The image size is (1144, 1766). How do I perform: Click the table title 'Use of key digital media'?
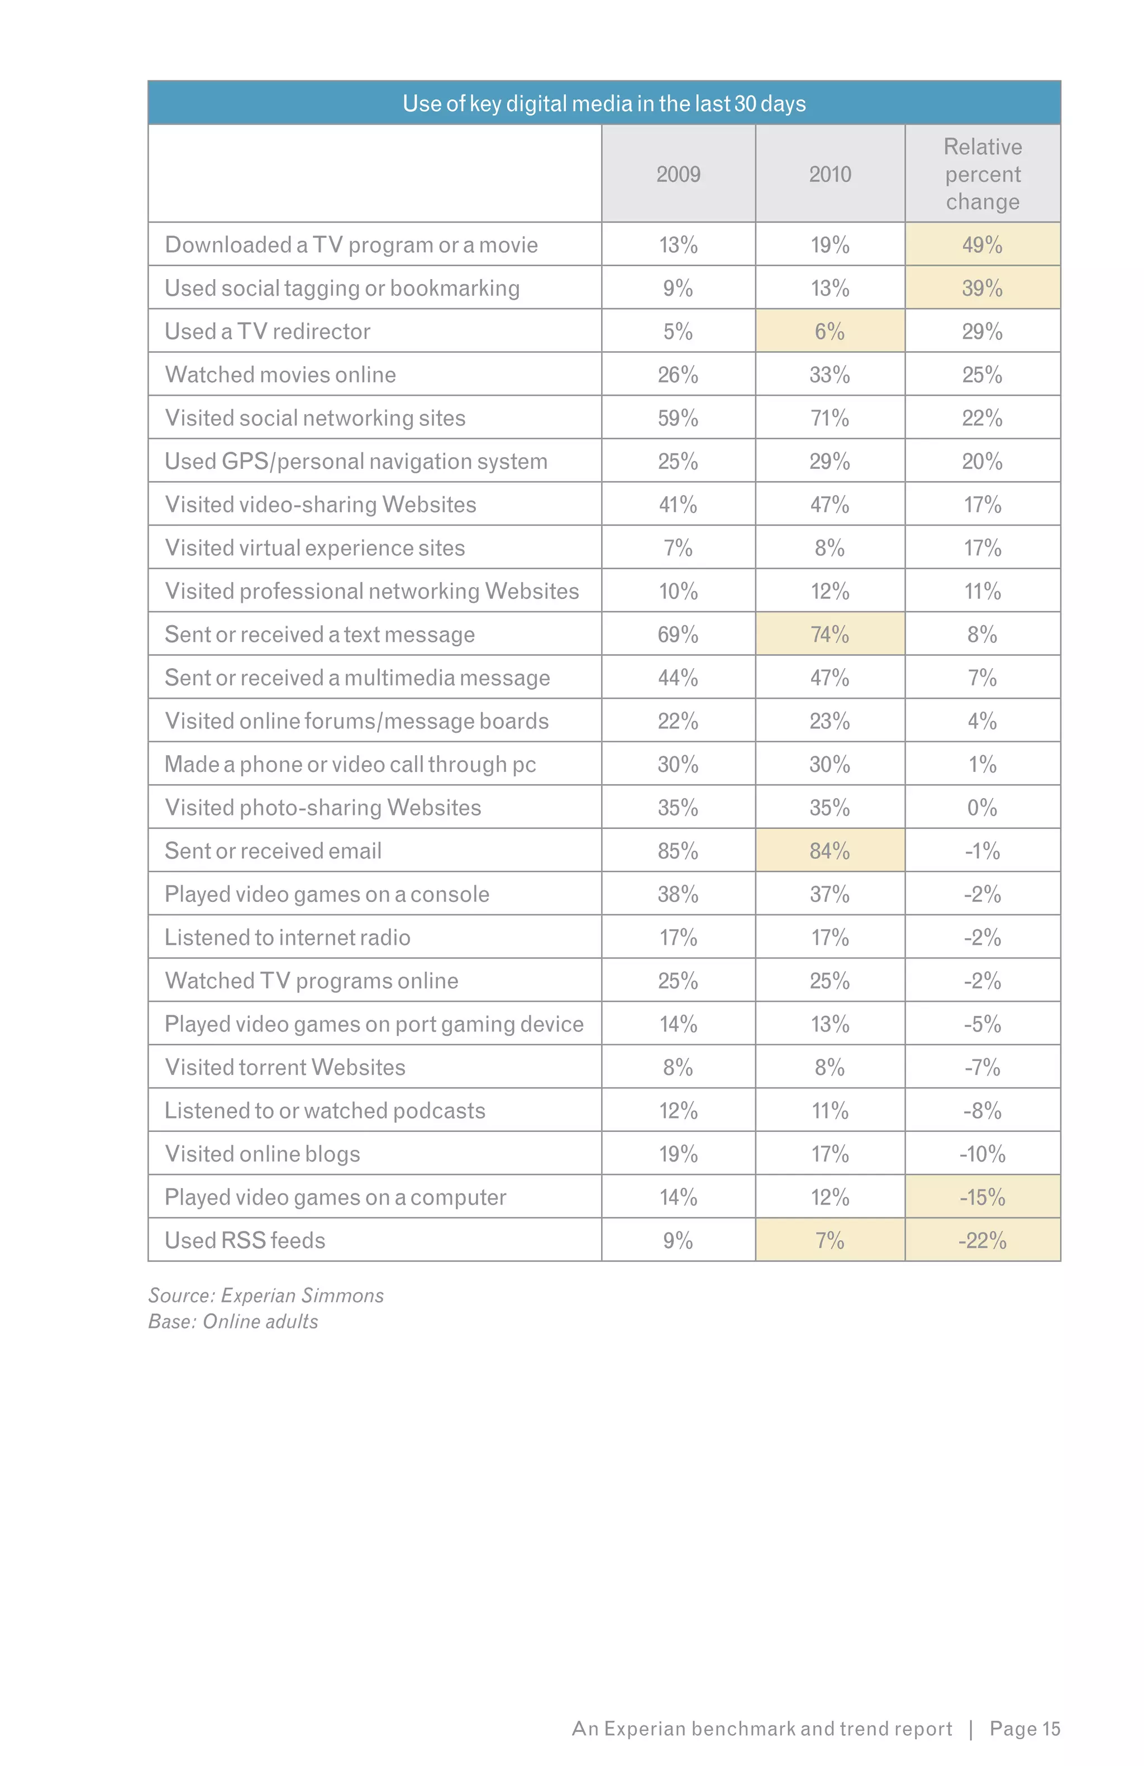pos(603,103)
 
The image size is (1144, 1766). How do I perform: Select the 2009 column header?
pos(678,174)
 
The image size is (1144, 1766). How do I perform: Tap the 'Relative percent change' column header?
pos(981,174)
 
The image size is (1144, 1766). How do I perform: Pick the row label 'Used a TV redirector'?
pos(267,332)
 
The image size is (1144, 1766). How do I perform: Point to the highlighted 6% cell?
pos(830,332)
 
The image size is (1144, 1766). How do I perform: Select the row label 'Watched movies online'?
pos(280,375)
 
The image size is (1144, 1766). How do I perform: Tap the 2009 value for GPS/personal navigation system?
pos(678,462)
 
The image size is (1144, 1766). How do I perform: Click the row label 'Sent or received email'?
pos(273,851)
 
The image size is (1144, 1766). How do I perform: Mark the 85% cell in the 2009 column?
pos(678,851)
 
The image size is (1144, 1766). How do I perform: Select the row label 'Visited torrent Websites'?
pos(284,1068)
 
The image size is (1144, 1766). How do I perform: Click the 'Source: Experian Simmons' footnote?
pos(266,1295)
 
